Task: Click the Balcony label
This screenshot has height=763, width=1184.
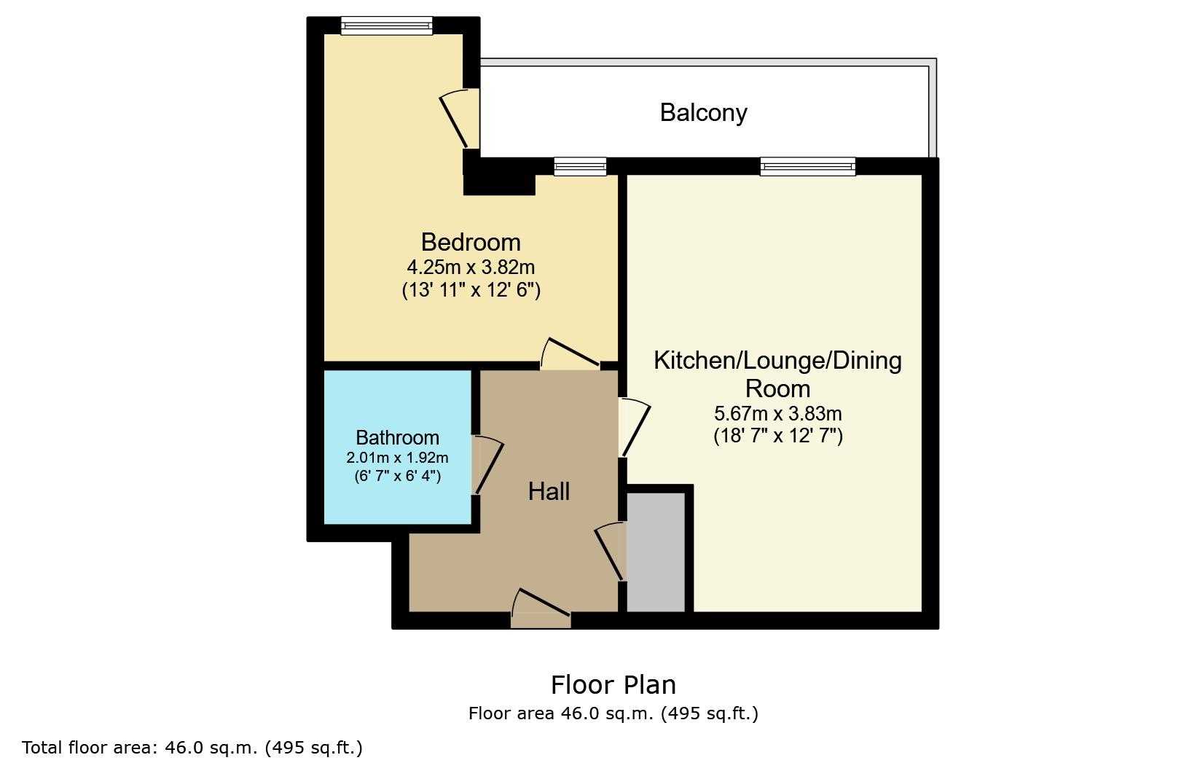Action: pyautogui.click(x=703, y=113)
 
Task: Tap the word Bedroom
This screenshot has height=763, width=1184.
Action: pyautogui.click(x=471, y=242)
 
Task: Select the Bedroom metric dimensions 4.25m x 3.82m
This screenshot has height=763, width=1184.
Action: pyautogui.click(x=471, y=267)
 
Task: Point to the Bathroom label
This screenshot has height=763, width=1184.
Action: pyautogui.click(x=398, y=437)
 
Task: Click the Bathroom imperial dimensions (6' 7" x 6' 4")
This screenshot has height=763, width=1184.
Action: pyautogui.click(x=398, y=476)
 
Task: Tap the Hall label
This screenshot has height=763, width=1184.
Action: pyautogui.click(x=549, y=491)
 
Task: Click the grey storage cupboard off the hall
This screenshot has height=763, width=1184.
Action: pyautogui.click(x=656, y=552)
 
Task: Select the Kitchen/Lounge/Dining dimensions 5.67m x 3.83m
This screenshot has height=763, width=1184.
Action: pyautogui.click(x=777, y=413)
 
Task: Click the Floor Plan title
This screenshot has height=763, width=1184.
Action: pyautogui.click(x=613, y=685)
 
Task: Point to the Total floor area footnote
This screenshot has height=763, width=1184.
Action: pyautogui.click(x=192, y=747)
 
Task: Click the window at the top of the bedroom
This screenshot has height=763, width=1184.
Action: pyautogui.click(x=387, y=26)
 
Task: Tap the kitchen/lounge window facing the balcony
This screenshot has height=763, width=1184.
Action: pyautogui.click(x=807, y=167)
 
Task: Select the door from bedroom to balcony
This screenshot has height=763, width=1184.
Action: pyautogui.click(x=460, y=119)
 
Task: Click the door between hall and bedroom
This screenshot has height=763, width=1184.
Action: pyautogui.click(x=571, y=354)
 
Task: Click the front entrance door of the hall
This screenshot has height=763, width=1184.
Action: pyautogui.click(x=541, y=609)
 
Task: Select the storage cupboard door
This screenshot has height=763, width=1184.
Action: pyautogui.click(x=611, y=552)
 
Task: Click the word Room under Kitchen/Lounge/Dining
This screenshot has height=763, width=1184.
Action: pyautogui.click(x=777, y=388)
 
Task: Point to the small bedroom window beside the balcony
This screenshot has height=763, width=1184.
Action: pyautogui.click(x=580, y=167)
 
